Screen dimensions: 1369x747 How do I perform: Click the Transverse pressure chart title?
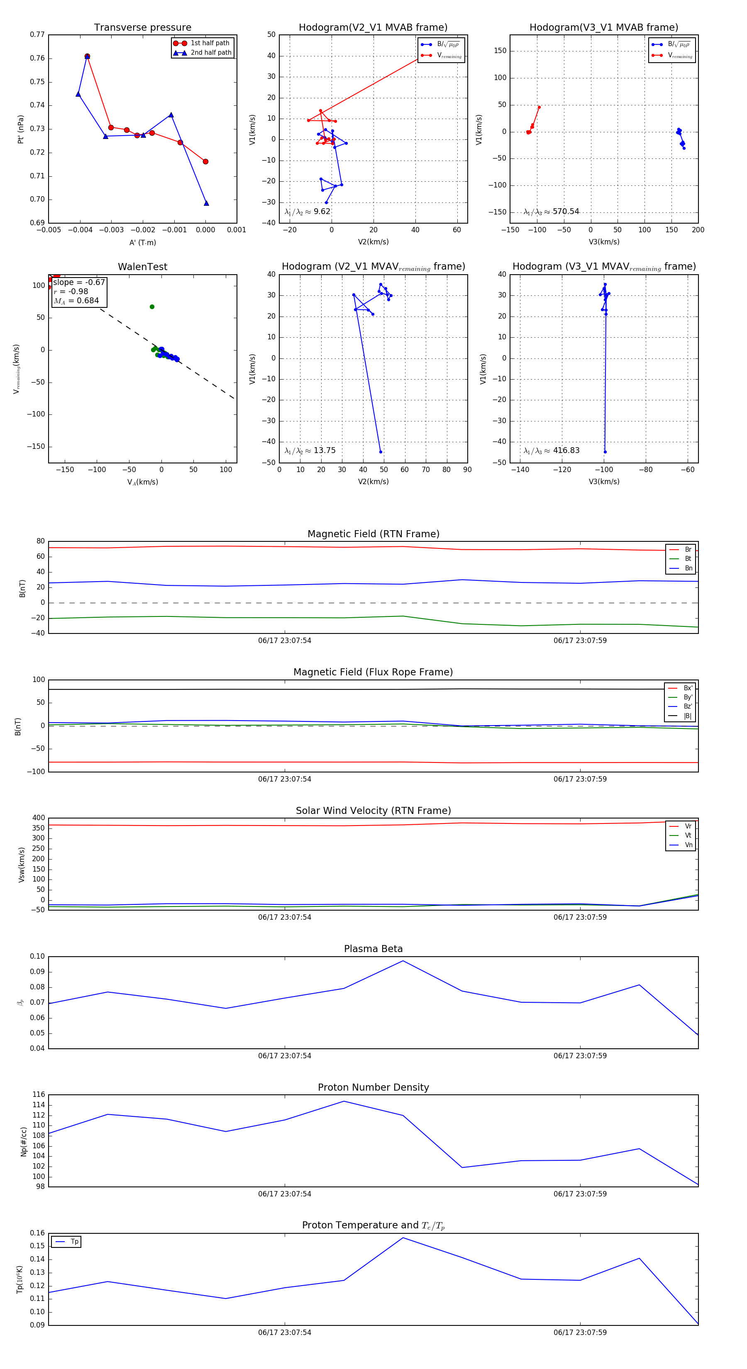click(142, 28)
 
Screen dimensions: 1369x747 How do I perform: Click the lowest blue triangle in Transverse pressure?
click(206, 203)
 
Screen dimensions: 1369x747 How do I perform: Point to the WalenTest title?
click(142, 267)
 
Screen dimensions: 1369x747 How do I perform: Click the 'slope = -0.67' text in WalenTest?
click(79, 282)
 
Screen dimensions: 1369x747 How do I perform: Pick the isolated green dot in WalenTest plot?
click(152, 307)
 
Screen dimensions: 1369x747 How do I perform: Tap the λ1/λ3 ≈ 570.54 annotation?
click(552, 212)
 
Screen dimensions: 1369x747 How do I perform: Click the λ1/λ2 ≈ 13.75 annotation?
click(310, 451)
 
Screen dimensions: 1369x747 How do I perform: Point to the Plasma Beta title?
click(373, 949)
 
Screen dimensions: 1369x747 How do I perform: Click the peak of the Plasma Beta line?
click(403, 961)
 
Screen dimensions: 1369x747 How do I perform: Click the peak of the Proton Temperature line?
click(403, 1238)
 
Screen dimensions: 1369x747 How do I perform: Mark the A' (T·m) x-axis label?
click(142, 242)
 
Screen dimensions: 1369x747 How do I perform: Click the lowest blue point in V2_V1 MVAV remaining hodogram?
click(381, 452)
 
